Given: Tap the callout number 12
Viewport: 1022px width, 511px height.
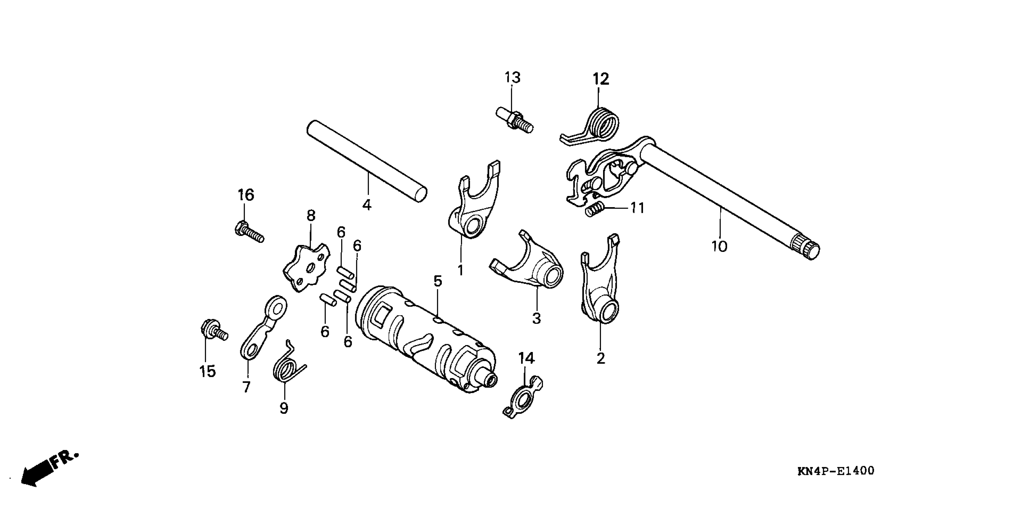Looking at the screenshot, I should (601, 79).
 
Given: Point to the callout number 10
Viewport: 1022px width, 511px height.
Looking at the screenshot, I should (719, 246).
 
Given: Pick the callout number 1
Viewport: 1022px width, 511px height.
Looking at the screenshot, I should (460, 271).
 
